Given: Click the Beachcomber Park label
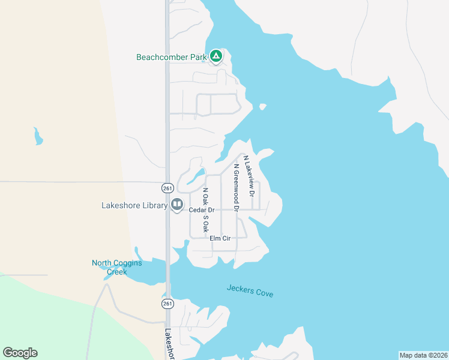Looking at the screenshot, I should (x=172, y=58).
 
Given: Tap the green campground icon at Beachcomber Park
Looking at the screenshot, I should (x=216, y=57).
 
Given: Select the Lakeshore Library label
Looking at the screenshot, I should (x=134, y=205).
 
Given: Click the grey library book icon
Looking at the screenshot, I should (x=177, y=205).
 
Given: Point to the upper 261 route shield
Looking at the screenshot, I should (x=167, y=187).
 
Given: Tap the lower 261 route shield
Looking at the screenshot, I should (x=167, y=304).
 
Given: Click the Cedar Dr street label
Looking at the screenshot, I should (x=202, y=210).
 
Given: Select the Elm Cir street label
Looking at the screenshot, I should (x=220, y=238).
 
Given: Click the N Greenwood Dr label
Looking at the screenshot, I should (x=237, y=188).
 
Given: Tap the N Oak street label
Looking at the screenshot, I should (x=205, y=197).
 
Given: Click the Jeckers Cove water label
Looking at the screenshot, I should (x=250, y=291).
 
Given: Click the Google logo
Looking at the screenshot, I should (x=20, y=353).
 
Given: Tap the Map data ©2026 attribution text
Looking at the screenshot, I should (x=423, y=355).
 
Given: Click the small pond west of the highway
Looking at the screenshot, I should (x=38, y=137).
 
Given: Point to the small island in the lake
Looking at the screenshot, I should (x=262, y=107).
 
